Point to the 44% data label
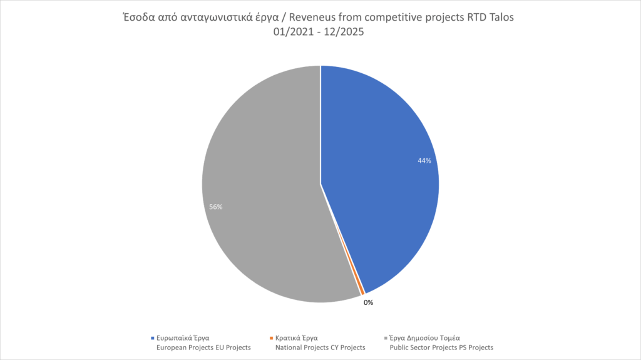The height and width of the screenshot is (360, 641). pos(424,161)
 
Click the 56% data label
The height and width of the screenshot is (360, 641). pos(216,207)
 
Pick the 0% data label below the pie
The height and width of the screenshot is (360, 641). pos(368,303)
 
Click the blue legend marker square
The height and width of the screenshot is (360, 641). pos(152,337)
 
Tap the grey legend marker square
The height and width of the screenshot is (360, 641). pos(386,337)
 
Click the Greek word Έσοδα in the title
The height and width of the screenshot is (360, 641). pos(137,18)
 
